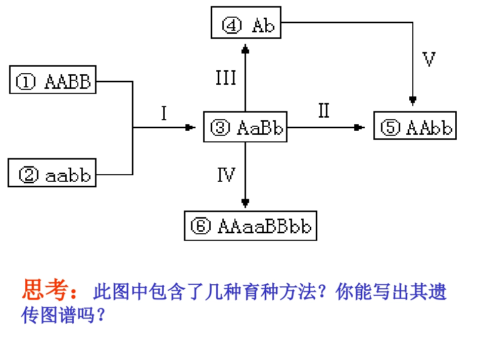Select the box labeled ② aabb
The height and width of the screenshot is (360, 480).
52,173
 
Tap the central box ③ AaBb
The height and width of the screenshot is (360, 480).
245,127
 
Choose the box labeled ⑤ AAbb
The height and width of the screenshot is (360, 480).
415,126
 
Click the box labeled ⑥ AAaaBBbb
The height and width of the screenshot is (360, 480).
250,226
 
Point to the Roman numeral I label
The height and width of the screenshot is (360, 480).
164,114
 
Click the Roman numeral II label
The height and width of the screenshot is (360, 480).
323,111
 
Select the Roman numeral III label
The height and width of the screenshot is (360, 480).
226,78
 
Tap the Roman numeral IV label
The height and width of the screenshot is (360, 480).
226,175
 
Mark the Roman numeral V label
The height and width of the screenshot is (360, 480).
428,60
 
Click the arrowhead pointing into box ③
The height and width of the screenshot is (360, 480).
190,128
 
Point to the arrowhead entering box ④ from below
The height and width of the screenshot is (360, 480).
246,49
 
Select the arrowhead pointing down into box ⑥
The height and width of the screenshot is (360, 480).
246,203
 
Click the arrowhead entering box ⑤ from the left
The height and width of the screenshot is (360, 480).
359,128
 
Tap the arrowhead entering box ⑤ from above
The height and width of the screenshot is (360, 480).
413,99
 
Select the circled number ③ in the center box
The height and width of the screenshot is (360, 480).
220,128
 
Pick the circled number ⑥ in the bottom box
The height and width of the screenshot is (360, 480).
201,226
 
